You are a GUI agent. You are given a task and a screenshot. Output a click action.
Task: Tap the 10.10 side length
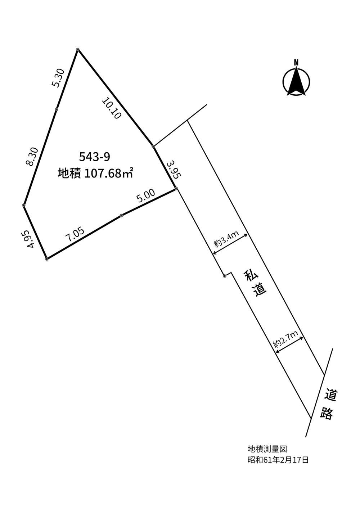pos(112,108)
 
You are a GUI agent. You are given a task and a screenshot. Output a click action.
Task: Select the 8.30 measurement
pos(32,157)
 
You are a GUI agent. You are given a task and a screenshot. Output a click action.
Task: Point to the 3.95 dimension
pos(174,170)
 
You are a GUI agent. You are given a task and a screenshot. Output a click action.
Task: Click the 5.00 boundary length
pos(146,195)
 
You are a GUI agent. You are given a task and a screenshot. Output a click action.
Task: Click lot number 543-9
pos(95,157)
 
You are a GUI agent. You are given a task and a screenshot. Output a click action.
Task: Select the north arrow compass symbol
pos(296,81)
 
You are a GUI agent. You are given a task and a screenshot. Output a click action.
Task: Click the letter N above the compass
pos(296,62)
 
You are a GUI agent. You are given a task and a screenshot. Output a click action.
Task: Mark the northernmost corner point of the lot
pos(78,49)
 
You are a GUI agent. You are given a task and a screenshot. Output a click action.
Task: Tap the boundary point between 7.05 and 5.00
pos(121,215)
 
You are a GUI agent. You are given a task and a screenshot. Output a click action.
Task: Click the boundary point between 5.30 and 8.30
pos(57,109)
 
